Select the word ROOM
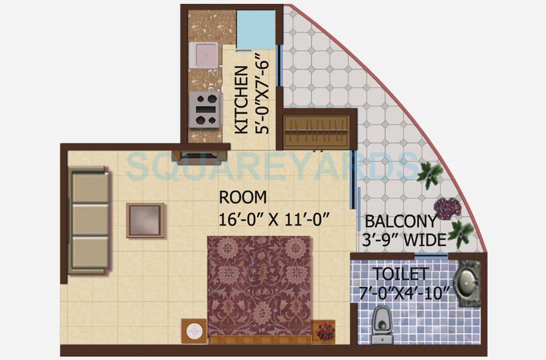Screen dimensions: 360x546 [242, 197]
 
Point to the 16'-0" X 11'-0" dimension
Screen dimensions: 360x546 [274, 218]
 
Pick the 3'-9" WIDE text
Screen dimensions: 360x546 [406, 240]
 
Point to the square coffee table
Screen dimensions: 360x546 [145, 220]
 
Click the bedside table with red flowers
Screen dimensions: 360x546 [324, 330]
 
